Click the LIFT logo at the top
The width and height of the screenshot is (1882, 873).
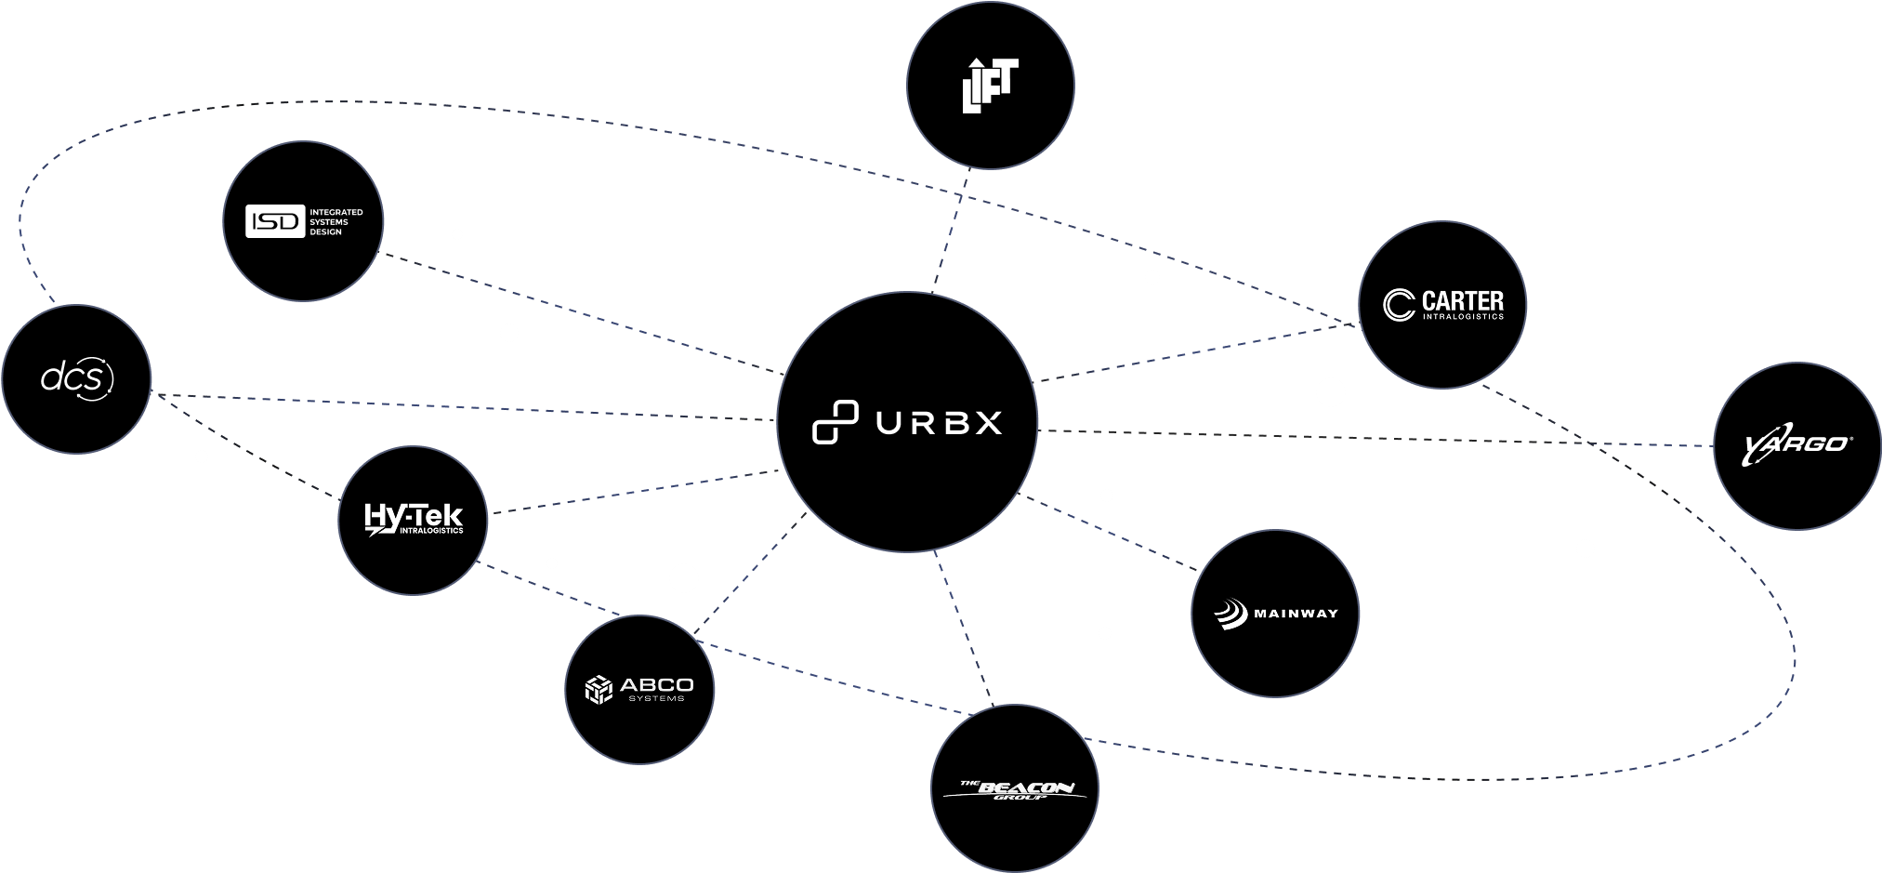tap(990, 86)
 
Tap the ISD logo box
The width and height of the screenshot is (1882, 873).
tap(275, 221)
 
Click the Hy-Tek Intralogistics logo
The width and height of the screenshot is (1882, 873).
tap(413, 520)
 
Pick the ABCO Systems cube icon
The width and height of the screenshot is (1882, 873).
tap(599, 690)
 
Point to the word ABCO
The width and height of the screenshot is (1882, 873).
tap(656, 685)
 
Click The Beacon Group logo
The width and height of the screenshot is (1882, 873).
tap(1015, 790)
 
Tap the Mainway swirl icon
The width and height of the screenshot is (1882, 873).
tap(1231, 614)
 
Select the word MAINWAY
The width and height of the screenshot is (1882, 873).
tap(1296, 614)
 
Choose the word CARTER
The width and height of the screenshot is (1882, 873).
tap(1462, 300)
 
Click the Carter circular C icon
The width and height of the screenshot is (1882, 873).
tap(1398, 305)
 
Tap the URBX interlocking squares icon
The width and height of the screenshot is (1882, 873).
tap(835, 422)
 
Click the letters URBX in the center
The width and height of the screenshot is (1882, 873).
tap(939, 423)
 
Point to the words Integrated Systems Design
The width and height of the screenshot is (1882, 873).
tap(336, 222)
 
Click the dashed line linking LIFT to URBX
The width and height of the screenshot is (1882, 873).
tap(950, 231)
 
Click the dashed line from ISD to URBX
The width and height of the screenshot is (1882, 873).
tap(586, 313)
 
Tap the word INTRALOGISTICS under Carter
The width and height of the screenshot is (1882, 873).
tap(1462, 317)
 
